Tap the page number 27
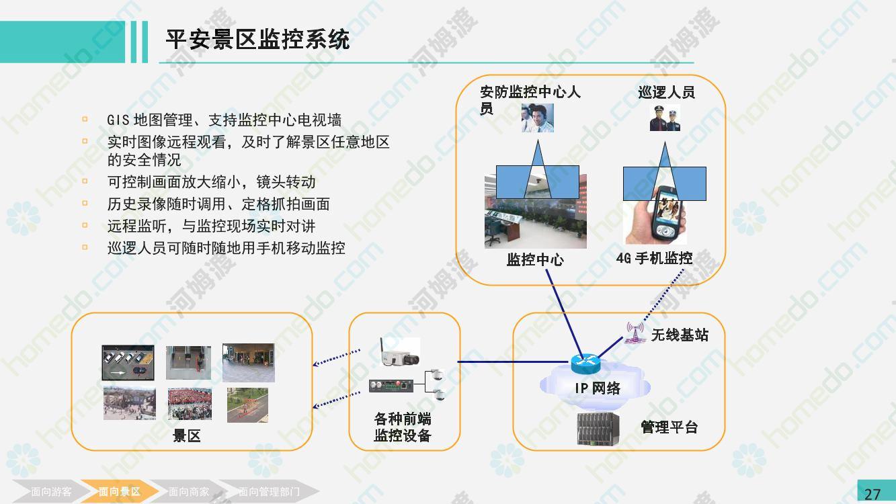(872, 495)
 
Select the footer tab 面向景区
(119, 492)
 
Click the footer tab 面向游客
(51, 492)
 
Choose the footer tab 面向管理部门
(269, 492)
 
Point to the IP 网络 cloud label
(598, 388)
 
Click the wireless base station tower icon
(635, 333)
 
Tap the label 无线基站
(680, 335)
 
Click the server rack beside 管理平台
(598, 429)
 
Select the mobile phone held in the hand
(666, 213)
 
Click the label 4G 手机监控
(655, 259)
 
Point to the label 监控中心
(535, 260)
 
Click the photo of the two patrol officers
(665, 118)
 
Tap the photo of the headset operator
(538, 118)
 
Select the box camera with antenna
(399, 351)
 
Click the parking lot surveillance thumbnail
(128, 362)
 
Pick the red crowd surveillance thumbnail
(190, 404)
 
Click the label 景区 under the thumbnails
(186, 436)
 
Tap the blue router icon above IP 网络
(585, 363)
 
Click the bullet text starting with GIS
(224, 120)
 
